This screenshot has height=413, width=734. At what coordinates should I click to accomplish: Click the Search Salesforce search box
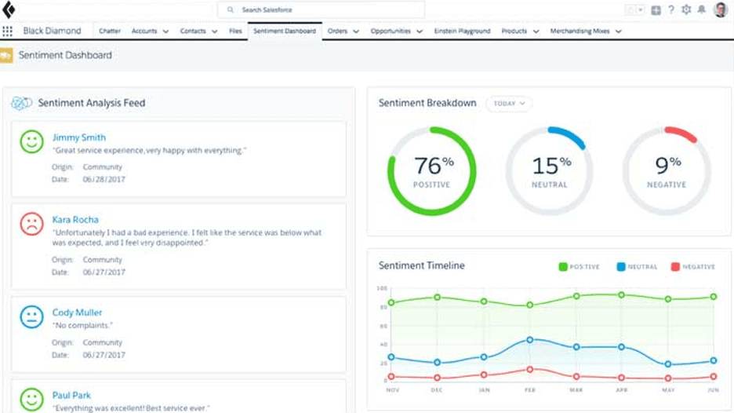pyautogui.click(x=322, y=10)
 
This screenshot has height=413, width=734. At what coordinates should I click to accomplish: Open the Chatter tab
pyautogui.click(x=110, y=31)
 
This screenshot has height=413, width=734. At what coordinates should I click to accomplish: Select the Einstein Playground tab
pyautogui.click(x=463, y=31)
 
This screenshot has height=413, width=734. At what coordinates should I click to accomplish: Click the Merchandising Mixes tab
pyautogui.click(x=581, y=31)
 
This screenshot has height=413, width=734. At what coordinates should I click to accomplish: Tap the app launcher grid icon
pyautogui.click(x=8, y=31)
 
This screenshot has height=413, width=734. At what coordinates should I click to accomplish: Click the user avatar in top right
pyautogui.click(x=721, y=10)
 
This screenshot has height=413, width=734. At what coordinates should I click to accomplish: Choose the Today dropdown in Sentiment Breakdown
pyautogui.click(x=509, y=104)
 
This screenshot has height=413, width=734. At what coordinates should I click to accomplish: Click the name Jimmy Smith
pyautogui.click(x=78, y=137)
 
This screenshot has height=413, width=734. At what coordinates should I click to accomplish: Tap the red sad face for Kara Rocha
pyautogui.click(x=32, y=225)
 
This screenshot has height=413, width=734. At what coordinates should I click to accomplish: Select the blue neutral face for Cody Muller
pyautogui.click(x=32, y=316)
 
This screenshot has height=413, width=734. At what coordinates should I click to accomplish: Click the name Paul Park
pyautogui.click(x=71, y=395)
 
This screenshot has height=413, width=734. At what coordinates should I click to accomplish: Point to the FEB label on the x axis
pyautogui.click(x=530, y=389)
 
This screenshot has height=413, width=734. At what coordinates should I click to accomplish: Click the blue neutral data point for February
pyautogui.click(x=530, y=340)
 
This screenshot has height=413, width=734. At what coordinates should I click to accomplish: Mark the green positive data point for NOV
pyautogui.click(x=391, y=302)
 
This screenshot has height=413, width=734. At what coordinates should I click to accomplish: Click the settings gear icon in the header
pyautogui.click(x=687, y=10)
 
